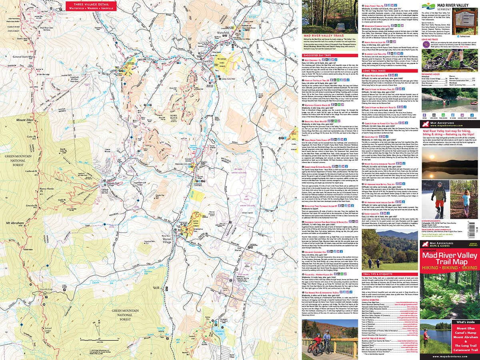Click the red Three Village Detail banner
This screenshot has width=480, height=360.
click(90, 6)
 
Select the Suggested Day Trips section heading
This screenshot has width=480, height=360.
click(320, 55)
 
